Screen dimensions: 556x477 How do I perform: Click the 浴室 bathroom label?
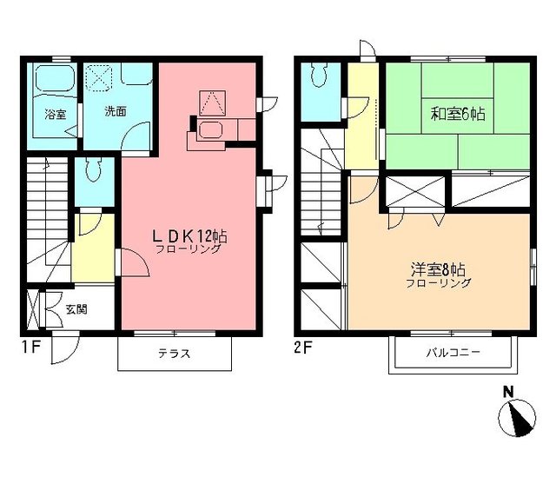click(56, 114)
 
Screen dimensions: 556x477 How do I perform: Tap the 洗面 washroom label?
click(116, 111)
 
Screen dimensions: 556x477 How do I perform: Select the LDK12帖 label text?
click(189, 235)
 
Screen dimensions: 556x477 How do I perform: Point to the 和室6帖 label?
click(458, 114)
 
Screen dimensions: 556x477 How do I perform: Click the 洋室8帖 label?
click(438, 270)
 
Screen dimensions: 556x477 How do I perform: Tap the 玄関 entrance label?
click(76, 309)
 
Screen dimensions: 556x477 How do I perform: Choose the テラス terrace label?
click(174, 354)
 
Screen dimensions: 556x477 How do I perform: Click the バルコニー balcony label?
click(453, 352)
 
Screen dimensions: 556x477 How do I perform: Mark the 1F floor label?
click(30, 348)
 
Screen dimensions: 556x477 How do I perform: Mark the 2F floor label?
click(302, 348)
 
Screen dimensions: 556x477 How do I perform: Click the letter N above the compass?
click(508, 392)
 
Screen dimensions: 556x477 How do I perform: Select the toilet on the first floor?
click(94, 170)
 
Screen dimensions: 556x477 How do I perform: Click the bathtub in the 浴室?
click(55, 78)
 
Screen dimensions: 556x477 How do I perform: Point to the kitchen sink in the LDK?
click(210, 130)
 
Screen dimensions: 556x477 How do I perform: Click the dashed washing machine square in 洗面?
click(99, 78)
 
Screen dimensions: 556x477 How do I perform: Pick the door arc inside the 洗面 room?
click(136, 136)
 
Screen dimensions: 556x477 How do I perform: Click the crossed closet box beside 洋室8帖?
click(414, 192)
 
